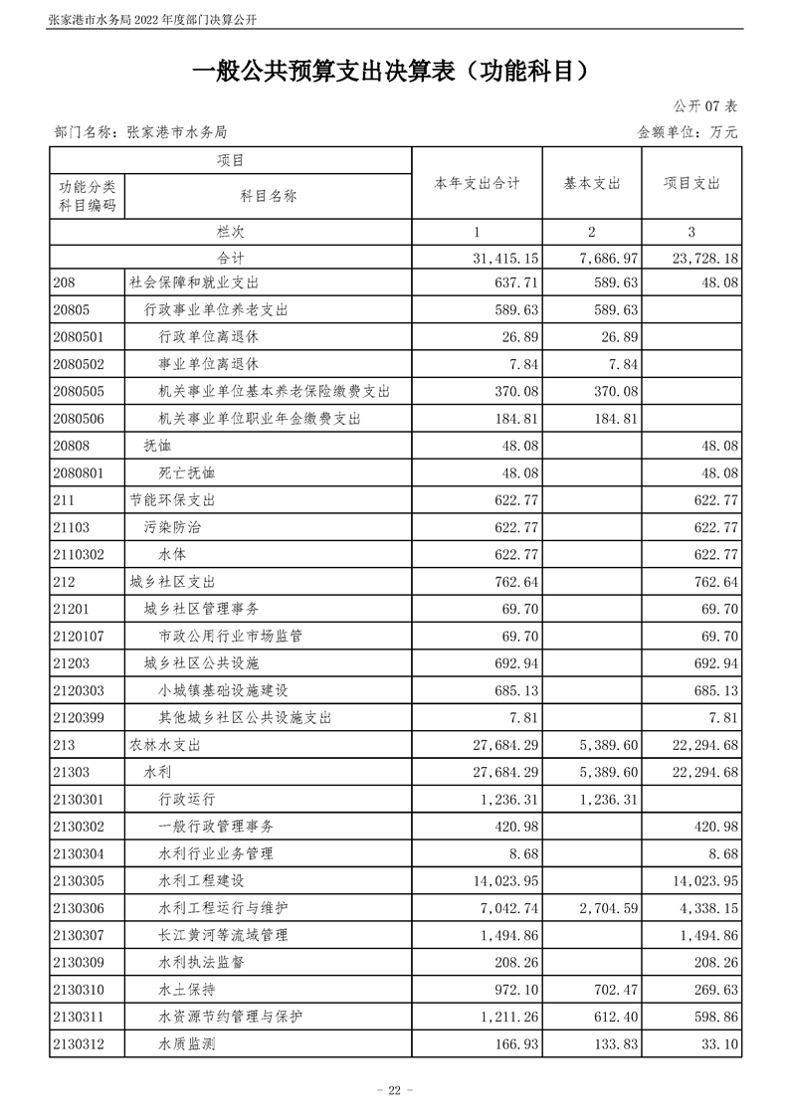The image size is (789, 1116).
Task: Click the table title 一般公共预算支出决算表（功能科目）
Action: [394, 73]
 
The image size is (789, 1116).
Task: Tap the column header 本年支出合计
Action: [477, 184]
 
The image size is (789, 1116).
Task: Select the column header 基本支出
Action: [592, 184]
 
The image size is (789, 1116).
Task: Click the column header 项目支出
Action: [691, 184]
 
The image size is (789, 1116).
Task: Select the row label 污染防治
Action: [173, 527]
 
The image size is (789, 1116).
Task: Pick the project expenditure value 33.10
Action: [718, 1043]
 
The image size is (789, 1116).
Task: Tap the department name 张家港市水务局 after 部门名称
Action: [178, 131]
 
